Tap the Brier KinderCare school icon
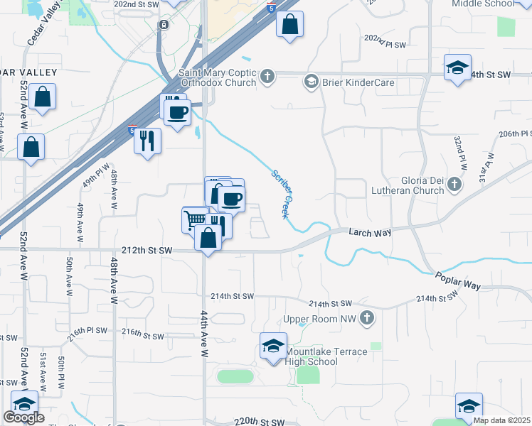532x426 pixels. pyautogui.click(x=311, y=82)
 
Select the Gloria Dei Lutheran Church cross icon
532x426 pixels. pyautogui.click(x=455, y=185)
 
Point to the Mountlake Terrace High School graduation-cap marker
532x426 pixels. pyautogui.click(x=273, y=346)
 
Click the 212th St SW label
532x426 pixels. pyautogui.click(x=147, y=250)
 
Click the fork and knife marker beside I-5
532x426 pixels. pyautogui.click(x=147, y=140)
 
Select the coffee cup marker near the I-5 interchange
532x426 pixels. pyautogui.click(x=178, y=110)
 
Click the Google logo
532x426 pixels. pyautogui.click(x=23, y=417)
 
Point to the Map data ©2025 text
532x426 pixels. pyautogui.click(x=501, y=420)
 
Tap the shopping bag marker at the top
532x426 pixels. pyautogui.click(x=289, y=25)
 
